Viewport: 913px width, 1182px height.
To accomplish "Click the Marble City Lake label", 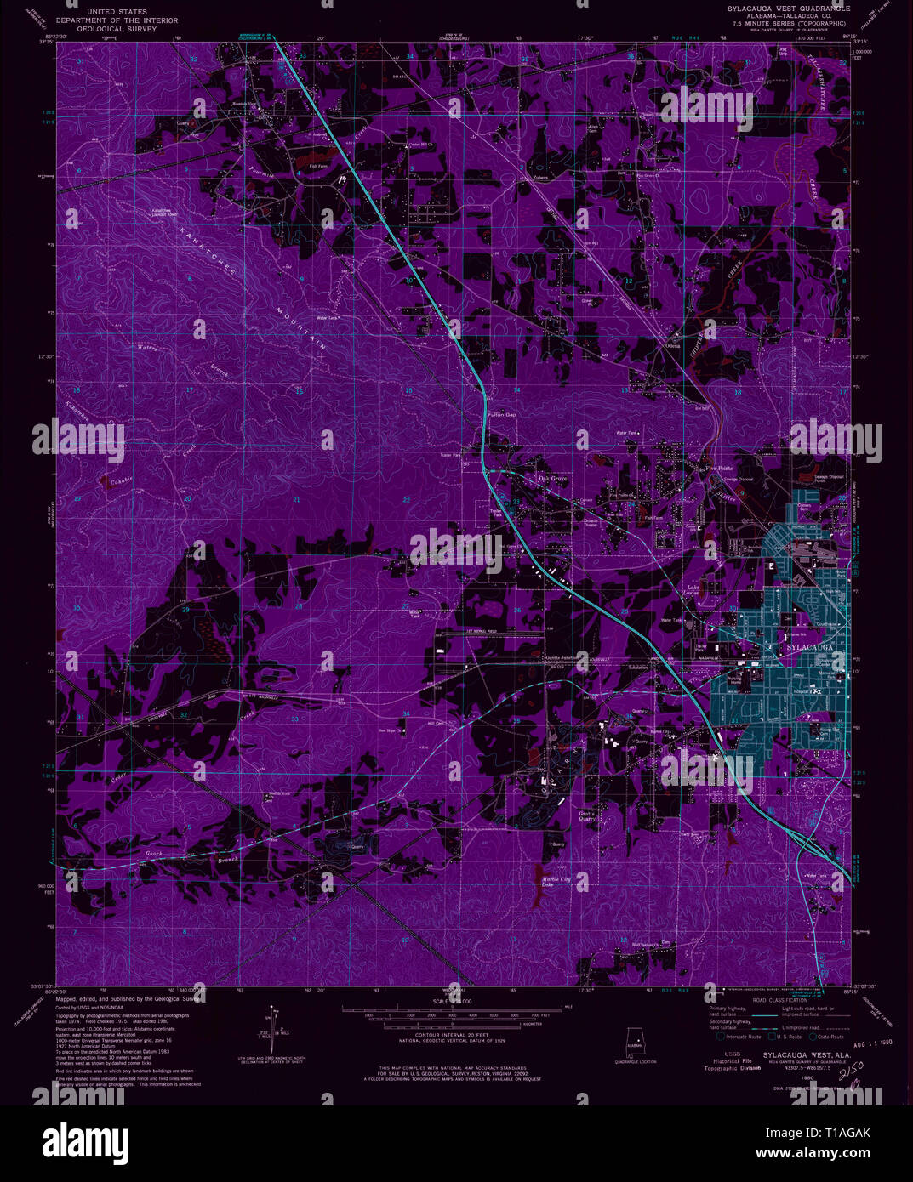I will coord(553,881).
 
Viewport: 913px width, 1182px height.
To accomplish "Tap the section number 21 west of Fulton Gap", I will coord(296,499).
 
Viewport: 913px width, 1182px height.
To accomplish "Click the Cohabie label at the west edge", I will coord(120,480).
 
